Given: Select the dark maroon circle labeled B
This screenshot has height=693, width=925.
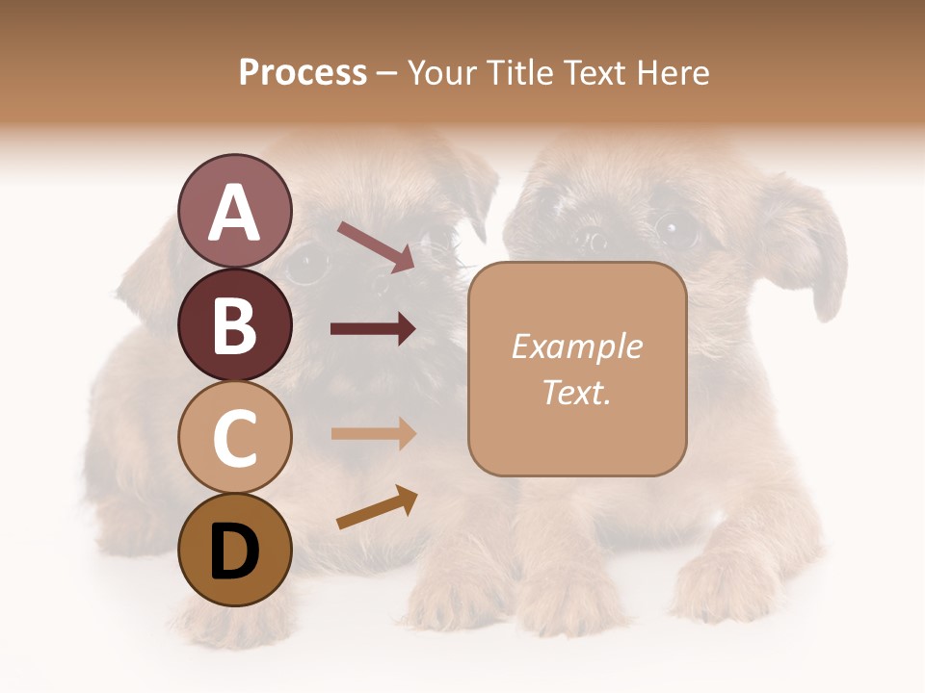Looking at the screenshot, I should point(234,324).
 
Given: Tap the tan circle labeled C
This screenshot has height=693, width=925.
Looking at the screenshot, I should point(234,438).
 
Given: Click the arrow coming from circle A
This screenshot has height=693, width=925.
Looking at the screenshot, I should point(376,246).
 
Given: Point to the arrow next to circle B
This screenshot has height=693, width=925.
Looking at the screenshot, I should point(373,329).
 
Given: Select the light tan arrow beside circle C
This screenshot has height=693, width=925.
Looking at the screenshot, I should point(373,433).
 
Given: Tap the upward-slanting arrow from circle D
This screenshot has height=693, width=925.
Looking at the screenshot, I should point(377,507).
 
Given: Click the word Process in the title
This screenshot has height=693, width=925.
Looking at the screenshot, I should point(303,72).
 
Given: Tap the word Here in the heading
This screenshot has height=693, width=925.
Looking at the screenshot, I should point(674,72).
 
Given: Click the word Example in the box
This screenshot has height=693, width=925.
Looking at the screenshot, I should point(576,346).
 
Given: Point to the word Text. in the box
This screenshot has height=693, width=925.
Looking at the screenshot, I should point(576,392).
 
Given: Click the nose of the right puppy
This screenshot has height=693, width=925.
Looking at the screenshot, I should point(592,239).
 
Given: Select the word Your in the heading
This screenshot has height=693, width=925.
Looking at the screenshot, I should point(439,72).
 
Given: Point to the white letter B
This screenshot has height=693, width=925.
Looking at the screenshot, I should point(234,325).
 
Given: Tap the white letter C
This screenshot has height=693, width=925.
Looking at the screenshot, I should point(234,439).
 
